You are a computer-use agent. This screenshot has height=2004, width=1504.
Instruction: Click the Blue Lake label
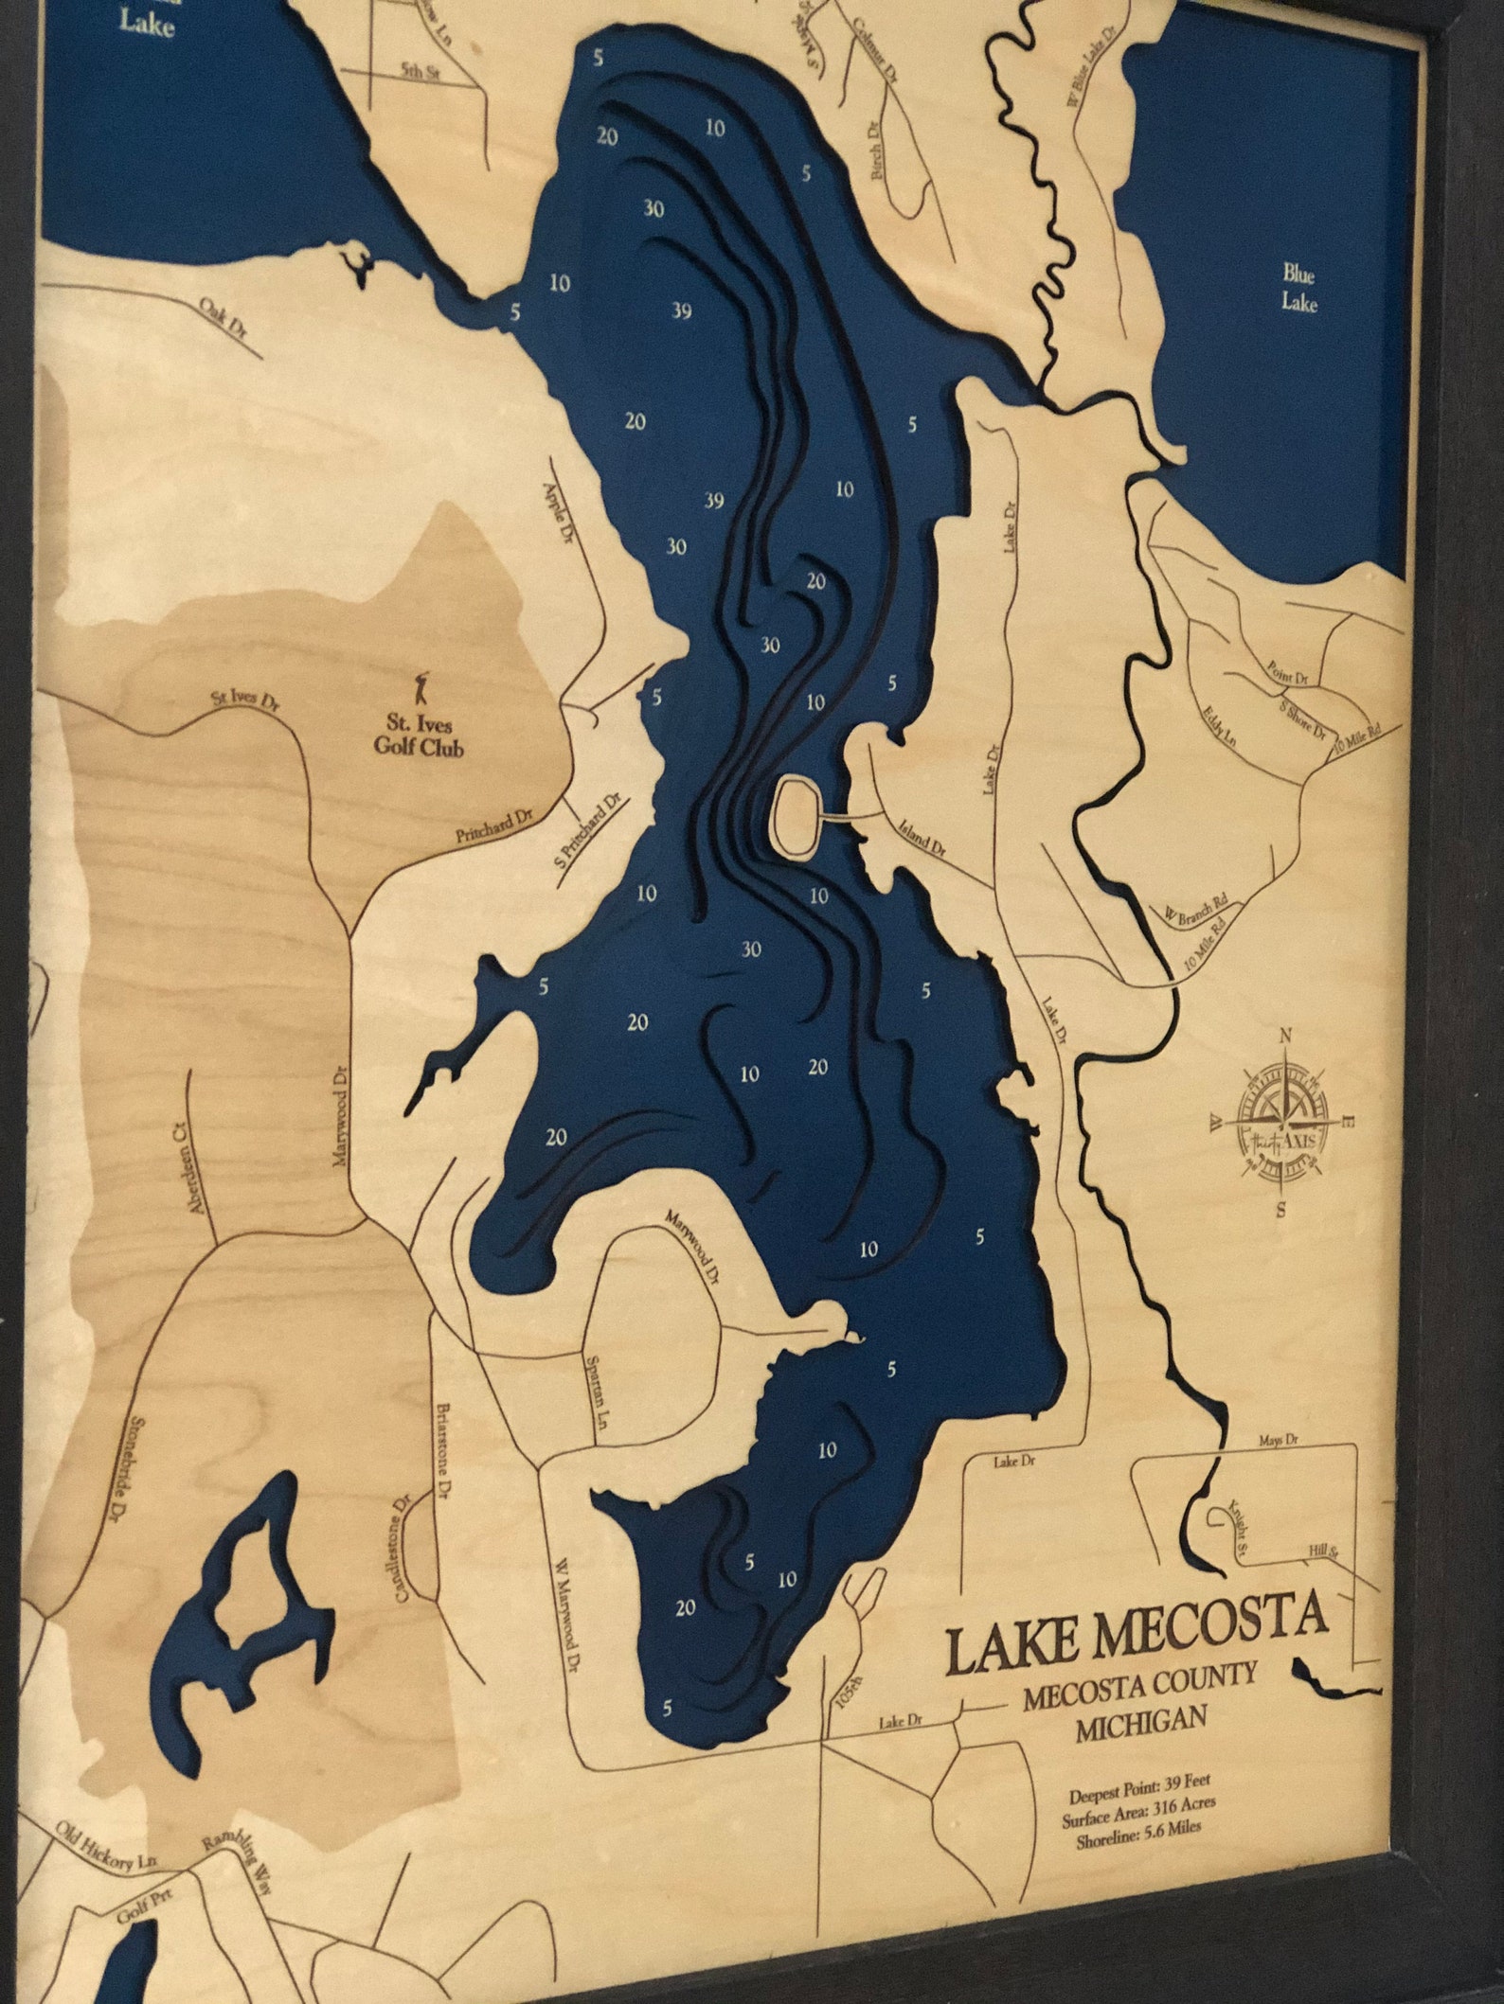1299,288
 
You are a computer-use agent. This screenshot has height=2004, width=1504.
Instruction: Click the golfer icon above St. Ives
423,685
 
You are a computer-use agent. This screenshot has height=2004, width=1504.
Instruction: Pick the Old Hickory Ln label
105,1819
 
